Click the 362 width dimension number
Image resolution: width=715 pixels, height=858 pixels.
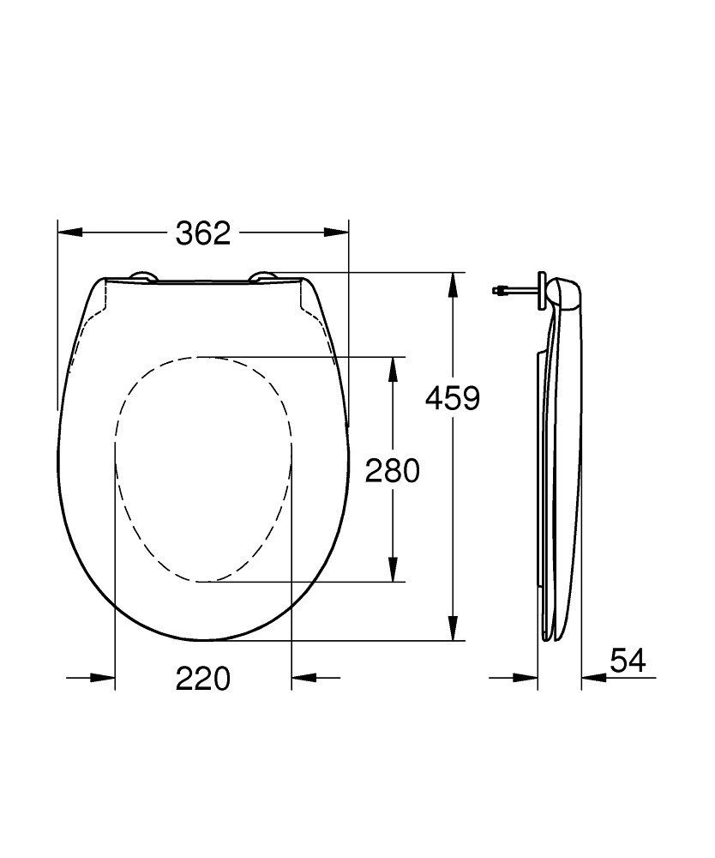pos(203,233)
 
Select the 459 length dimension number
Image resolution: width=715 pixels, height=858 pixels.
pos(454,398)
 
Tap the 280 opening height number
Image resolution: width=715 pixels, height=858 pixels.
pos(393,470)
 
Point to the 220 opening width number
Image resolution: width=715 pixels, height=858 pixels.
pos(203,679)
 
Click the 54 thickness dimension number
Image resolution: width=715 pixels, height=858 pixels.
pos(628,661)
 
